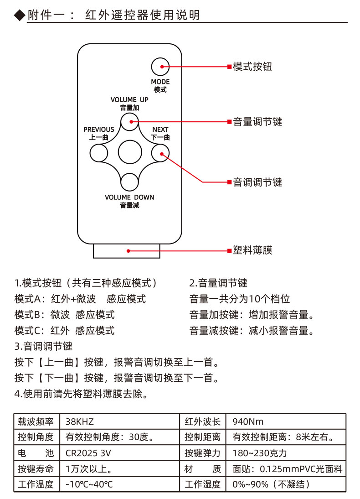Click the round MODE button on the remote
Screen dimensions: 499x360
pyautogui.click(x=160, y=67)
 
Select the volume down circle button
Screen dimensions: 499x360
pyautogui.click(x=129, y=182)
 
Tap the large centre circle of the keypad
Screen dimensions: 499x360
pyautogui.click(x=130, y=152)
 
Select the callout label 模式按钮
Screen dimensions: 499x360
pyautogui.click(x=252, y=67)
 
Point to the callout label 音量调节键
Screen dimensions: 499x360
pyautogui.click(x=257, y=122)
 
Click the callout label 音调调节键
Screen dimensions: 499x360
pyautogui.click(x=257, y=182)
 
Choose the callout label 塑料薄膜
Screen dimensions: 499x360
pyautogui.click(x=252, y=250)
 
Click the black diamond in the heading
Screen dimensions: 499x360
pyautogui.click(x=20, y=15)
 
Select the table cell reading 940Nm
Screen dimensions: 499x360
pyautogui.click(x=248, y=422)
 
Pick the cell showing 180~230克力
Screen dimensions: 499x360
pyautogui.click(x=259, y=453)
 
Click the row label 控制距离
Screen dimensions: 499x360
pyautogui.click(x=202, y=437)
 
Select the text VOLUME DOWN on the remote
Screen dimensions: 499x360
pyautogui.click(x=129, y=198)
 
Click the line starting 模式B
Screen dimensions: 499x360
pyautogui.click(x=64, y=315)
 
